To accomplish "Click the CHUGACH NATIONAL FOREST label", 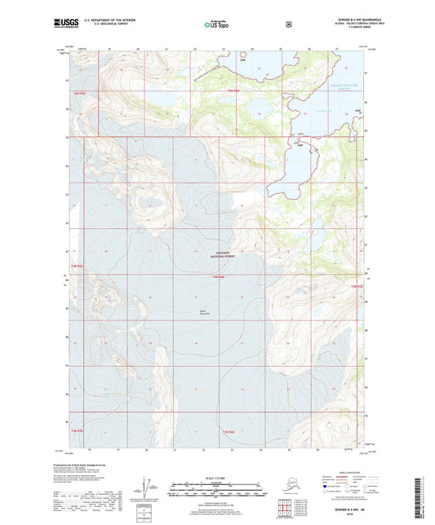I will [215, 254].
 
